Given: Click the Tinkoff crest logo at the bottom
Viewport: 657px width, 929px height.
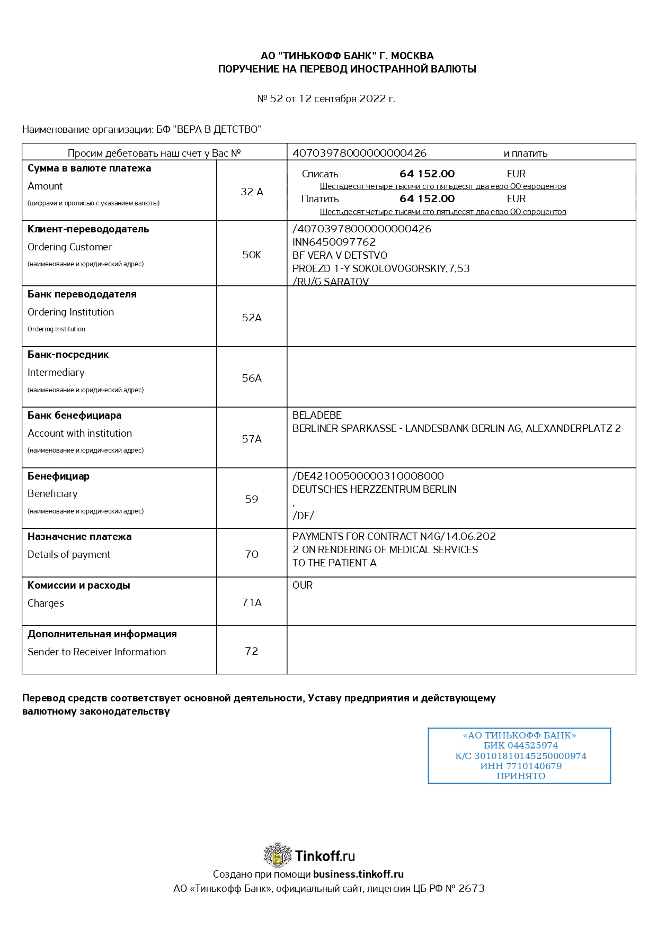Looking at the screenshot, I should [x=278, y=855].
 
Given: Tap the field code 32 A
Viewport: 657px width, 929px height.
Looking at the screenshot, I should [x=252, y=192].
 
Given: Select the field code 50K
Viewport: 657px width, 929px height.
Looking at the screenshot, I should [x=252, y=255].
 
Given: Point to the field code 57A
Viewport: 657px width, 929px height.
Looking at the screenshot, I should [x=252, y=439].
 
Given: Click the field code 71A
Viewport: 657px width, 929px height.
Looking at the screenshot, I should [x=252, y=602].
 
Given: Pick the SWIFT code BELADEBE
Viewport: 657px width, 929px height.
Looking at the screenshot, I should [x=317, y=416].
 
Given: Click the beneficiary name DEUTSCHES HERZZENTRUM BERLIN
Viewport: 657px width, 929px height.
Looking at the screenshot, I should [x=374, y=489].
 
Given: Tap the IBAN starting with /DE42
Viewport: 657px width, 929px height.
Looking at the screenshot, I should [x=368, y=476].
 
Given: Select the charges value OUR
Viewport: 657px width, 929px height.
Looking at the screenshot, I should [x=303, y=585].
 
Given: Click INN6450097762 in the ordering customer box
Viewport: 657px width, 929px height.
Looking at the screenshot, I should [x=334, y=242].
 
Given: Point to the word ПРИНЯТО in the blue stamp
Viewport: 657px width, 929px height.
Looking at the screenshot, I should [x=521, y=776].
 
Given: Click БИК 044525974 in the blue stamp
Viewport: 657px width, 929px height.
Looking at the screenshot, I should [x=520, y=745].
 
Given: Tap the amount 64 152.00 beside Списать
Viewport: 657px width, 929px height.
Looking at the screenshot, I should [x=427, y=174].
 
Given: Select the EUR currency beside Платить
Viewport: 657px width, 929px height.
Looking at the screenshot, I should [x=516, y=199].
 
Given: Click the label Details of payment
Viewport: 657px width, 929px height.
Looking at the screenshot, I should [x=69, y=554].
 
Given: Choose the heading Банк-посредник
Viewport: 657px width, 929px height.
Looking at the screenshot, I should [x=68, y=355].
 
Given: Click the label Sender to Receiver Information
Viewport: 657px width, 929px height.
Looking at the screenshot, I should [x=96, y=652].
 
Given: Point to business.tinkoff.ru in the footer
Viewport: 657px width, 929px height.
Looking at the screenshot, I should [x=358, y=874].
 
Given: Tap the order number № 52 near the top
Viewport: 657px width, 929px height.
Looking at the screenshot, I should [x=270, y=98].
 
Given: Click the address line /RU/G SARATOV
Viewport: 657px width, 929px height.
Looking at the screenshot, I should [x=331, y=282].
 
